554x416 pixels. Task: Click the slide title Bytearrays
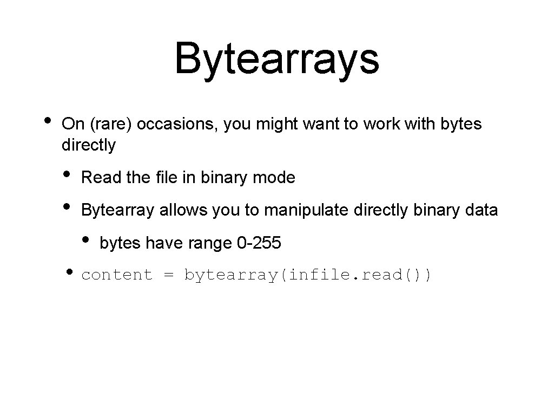pyautogui.click(x=276, y=58)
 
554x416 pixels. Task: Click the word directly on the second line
pyautogui.click(x=89, y=145)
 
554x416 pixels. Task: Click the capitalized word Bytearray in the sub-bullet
pyautogui.click(x=117, y=210)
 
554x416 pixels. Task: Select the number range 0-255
pyautogui.click(x=259, y=243)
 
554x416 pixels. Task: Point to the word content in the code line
pyautogui.click(x=117, y=275)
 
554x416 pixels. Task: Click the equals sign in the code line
pyautogui.click(x=168, y=275)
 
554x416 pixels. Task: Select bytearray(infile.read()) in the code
pyautogui.click(x=308, y=275)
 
